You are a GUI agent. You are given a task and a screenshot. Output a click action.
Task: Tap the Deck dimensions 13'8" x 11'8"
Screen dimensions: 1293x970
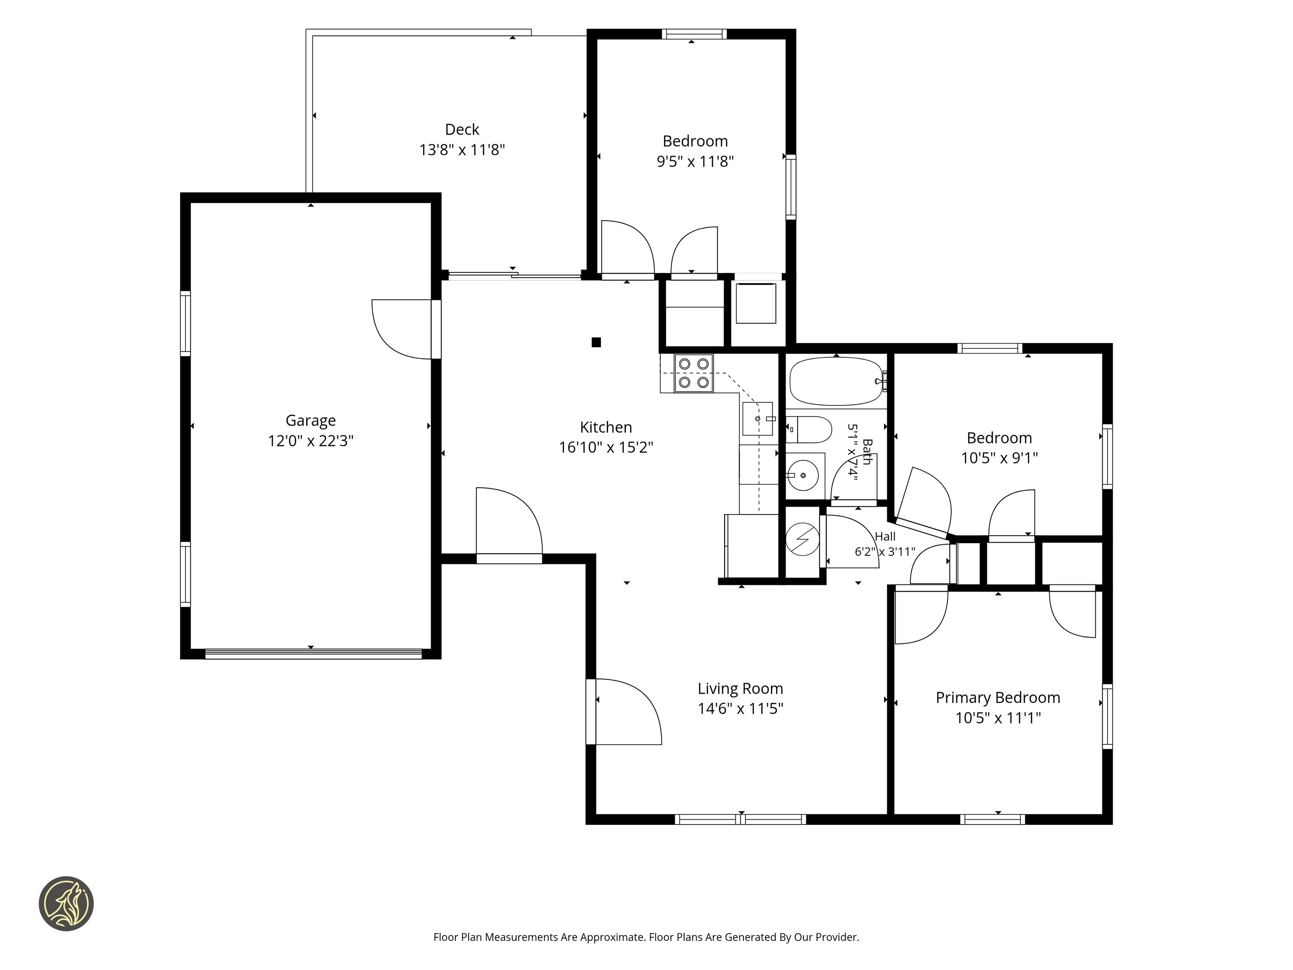coord(462,150)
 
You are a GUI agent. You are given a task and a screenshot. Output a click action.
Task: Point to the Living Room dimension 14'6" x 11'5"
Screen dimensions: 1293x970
coord(740,709)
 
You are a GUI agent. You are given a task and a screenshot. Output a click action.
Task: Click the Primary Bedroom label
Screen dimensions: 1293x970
coord(998,698)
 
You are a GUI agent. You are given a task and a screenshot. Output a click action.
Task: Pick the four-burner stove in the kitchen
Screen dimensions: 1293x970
coord(693,373)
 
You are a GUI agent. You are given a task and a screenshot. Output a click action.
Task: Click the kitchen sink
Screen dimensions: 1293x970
coord(758,419)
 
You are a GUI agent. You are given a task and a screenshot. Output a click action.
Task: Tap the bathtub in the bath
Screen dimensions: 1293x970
coord(836,381)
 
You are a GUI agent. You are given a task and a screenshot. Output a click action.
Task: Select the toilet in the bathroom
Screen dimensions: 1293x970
coord(809,430)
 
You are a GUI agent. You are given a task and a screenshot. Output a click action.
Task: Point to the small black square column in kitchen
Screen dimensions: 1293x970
coord(596,342)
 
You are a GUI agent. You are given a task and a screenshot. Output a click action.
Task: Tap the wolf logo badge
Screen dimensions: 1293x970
coord(66,903)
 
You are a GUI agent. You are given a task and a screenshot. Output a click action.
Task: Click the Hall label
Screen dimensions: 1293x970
coord(885,536)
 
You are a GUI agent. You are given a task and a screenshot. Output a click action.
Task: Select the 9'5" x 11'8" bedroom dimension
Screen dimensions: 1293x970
coord(695,161)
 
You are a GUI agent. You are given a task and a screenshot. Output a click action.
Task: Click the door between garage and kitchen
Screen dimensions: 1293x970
coord(406,329)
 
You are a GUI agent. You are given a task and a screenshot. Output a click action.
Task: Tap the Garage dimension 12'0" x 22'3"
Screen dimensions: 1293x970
coord(310,441)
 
